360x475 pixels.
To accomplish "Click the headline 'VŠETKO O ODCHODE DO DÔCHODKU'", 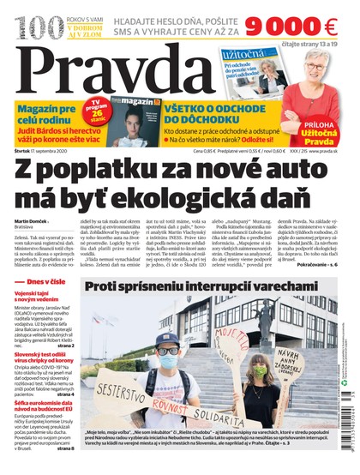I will (x=220, y=112).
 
